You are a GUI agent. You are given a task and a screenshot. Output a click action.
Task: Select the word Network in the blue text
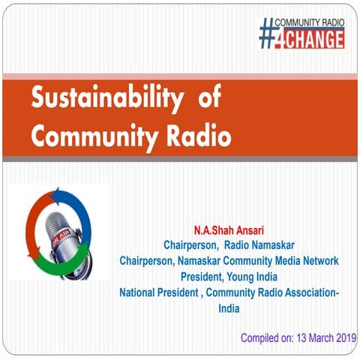[316, 259]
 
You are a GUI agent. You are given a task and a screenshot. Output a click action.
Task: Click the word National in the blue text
[142, 292]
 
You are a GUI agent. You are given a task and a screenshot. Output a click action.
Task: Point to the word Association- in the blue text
[307, 292]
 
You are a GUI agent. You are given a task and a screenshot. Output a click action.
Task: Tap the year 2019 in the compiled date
[343, 338]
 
